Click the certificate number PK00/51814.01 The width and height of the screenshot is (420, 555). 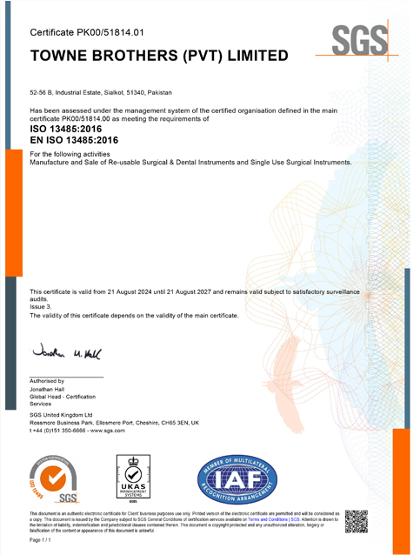pos(112,32)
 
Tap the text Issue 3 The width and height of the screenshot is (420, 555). pos(42,308)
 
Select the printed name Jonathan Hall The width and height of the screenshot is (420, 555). pos(53,388)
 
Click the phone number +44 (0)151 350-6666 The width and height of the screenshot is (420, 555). pos(65,430)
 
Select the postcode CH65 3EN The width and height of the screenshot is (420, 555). pos(177,422)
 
